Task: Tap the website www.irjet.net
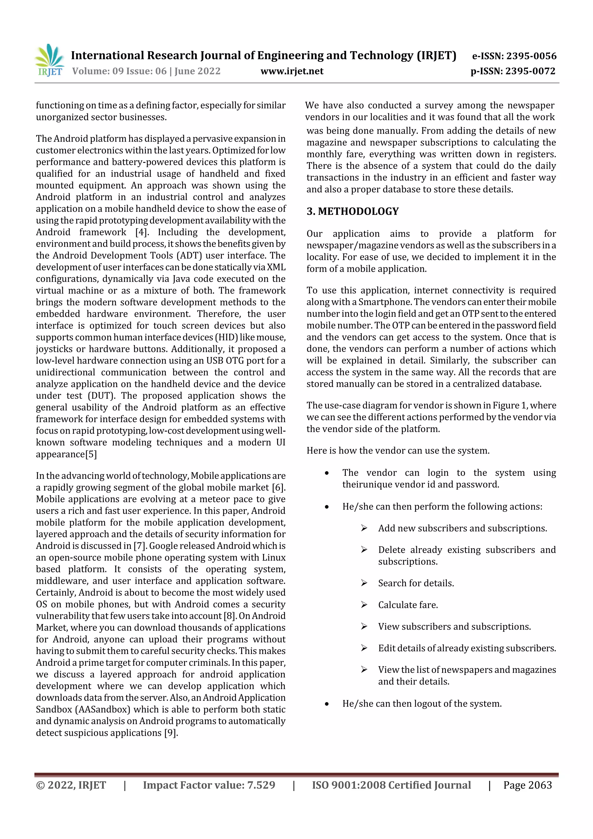(x=292, y=71)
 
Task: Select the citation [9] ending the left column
(x=171, y=733)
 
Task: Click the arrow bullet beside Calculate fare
(x=364, y=605)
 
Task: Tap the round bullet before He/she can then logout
(x=327, y=704)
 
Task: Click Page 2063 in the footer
(x=527, y=785)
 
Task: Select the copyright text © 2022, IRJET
(x=71, y=785)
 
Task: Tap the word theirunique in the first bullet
(x=360, y=485)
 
